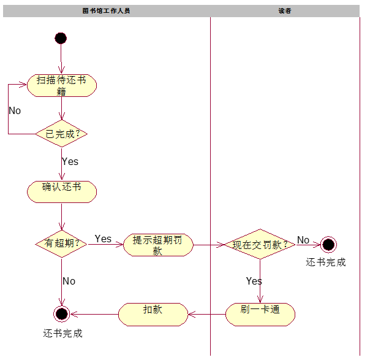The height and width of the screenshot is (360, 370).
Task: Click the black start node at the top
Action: (61, 38)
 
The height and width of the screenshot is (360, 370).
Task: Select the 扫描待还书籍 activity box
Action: (62, 85)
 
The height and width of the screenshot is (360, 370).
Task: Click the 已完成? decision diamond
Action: (62, 134)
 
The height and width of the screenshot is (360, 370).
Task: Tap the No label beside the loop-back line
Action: (15, 111)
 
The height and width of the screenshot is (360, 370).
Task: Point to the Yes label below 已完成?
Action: (70, 162)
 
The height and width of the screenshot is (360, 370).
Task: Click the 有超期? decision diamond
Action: (62, 243)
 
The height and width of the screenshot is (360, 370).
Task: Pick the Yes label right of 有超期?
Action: (103, 239)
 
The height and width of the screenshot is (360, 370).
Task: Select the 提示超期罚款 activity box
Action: (158, 245)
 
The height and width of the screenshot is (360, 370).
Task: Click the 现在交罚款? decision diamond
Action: (260, 245)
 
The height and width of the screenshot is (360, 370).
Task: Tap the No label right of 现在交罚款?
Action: (303, 240)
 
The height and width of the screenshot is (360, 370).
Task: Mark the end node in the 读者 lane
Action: (328, 245)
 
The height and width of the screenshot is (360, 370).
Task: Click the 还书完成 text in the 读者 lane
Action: (326, 262)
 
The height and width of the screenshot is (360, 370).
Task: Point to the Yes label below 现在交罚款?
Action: (254, 281)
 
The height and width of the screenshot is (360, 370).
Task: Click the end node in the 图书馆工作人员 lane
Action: (61, 314)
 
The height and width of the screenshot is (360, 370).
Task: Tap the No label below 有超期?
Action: (69, 281)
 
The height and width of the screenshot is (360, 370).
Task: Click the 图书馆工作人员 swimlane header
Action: (106, 11)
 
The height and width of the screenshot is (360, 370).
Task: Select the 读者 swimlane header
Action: (285, 11)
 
